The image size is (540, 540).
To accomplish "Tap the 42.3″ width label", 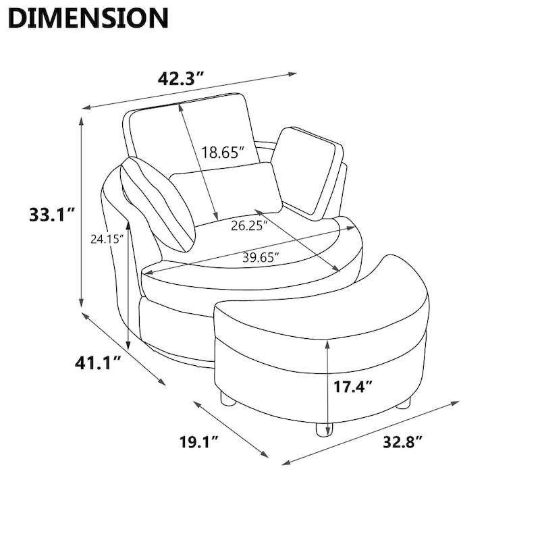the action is click(x=181, y=79).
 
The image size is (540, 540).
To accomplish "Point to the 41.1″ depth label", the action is click(x=98, y=363).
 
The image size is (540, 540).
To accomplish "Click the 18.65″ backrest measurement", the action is click(x=223, y=152).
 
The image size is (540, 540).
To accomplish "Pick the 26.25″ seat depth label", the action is click(x=249, y=226).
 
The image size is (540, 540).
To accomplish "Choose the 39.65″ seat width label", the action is click(x=261, y=257).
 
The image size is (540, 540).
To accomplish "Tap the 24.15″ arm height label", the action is click(x=107, y=239).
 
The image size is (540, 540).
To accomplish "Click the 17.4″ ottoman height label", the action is click(x=352, y=387).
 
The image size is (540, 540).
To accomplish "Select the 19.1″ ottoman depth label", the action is click(x=198, y=442).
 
